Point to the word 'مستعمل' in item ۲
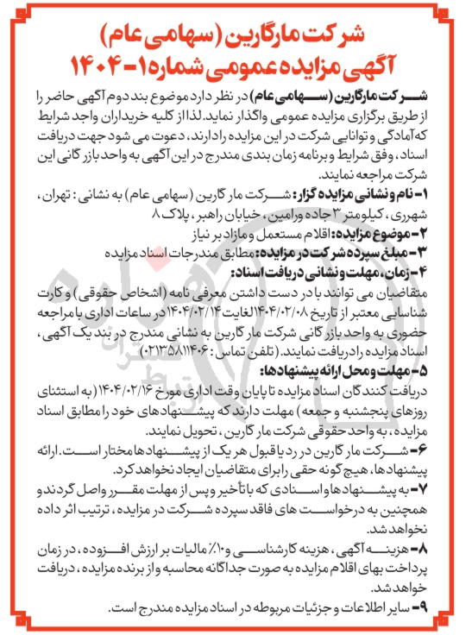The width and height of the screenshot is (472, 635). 275,229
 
